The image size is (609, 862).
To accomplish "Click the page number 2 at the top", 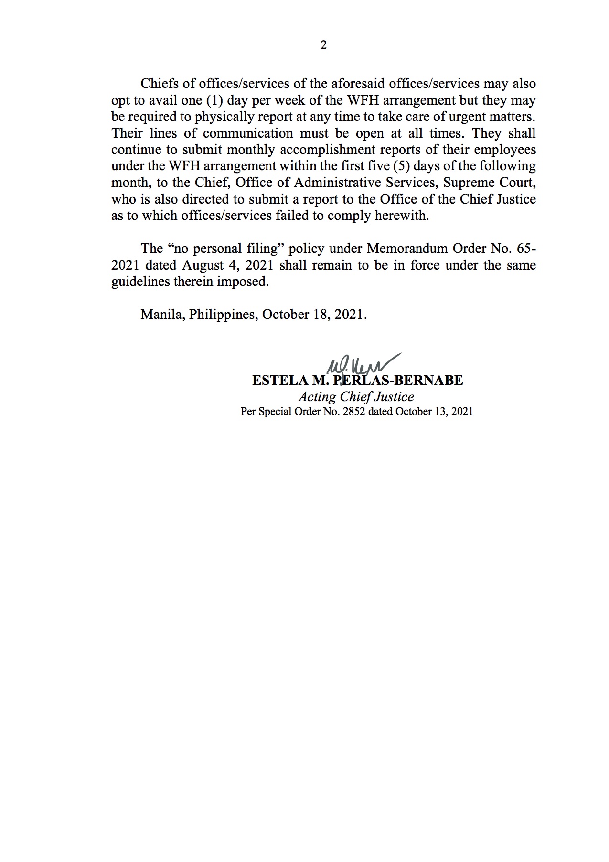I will [323, 45].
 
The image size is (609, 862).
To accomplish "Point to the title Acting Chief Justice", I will [356, 397].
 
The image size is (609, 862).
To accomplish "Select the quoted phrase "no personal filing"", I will [224, 249].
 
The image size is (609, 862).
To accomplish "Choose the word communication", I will [248, 133].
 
